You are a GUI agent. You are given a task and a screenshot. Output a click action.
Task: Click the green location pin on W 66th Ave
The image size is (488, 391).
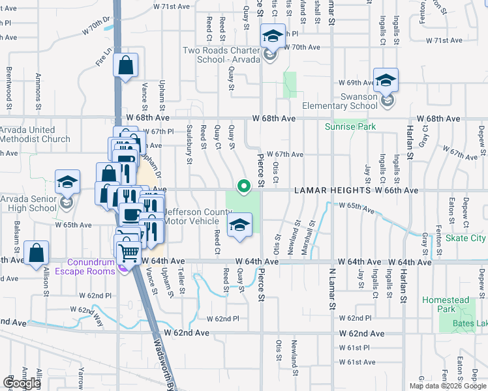coord(244,187)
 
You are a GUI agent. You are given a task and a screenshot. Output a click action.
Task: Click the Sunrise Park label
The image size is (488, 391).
coord(350,126)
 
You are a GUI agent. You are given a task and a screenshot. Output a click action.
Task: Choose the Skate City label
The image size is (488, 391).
coord(465,239)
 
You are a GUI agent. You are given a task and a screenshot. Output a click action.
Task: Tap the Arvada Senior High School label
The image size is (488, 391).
coord(29,203)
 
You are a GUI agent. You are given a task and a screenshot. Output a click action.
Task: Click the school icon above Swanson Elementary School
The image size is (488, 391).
coord(386,80)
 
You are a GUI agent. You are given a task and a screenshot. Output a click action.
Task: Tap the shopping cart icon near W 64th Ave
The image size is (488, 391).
coord(130,250)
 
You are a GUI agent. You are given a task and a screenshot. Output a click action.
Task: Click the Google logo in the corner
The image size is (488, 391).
coord(22,383)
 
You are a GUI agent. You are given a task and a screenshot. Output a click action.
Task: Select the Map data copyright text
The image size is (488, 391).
coord(448,386)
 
